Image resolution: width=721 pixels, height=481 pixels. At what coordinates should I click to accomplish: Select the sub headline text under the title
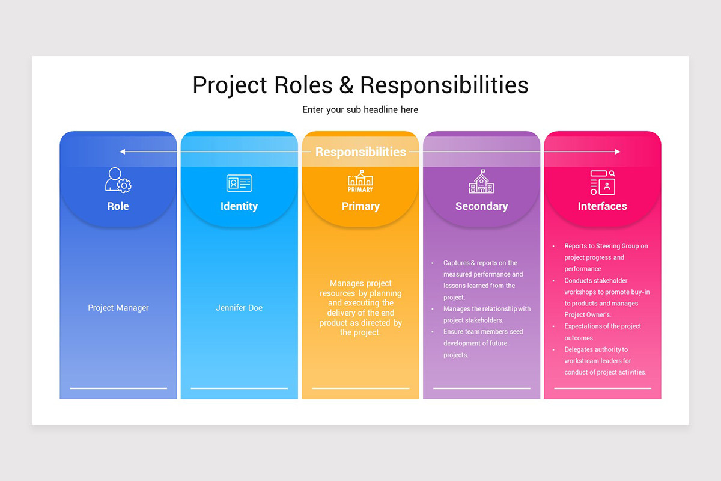360,110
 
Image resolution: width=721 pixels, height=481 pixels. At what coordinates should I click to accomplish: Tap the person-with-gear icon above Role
118,180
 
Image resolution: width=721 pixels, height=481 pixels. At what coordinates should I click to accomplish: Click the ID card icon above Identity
239,183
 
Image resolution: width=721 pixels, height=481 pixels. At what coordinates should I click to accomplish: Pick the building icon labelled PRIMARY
360,180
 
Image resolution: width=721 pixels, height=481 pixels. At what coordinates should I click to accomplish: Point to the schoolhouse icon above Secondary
481,181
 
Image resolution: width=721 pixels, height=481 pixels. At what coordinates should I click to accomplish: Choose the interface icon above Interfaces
603,182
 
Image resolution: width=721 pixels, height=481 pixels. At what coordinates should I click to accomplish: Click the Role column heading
118,206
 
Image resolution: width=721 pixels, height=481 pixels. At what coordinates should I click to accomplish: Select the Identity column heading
239,206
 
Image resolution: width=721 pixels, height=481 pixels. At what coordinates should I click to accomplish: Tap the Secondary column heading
481,206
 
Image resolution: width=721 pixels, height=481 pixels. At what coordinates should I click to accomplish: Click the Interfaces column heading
602,206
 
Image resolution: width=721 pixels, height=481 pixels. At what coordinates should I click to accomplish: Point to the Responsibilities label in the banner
360,152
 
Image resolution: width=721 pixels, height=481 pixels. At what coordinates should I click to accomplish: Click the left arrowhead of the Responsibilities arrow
122,152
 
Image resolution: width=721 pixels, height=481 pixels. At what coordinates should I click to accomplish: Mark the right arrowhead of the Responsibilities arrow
618,152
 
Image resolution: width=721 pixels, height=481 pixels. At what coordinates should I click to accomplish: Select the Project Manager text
118,308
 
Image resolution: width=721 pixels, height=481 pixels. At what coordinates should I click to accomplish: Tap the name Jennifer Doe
239,308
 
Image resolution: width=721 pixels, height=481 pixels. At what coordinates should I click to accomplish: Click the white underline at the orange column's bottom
360,388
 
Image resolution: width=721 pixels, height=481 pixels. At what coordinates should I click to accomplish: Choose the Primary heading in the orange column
360,206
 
